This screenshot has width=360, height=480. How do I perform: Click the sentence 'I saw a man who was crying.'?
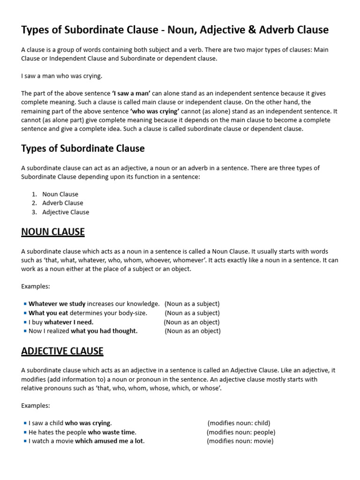(61, 76)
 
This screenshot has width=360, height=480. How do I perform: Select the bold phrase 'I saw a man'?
(131, 93)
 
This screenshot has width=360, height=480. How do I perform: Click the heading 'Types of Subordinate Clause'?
(83, 149)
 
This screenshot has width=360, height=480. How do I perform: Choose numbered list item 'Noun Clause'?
(60, 194)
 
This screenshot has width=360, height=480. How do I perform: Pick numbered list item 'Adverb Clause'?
(62, 203)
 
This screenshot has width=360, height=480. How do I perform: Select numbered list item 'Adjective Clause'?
(65, 212)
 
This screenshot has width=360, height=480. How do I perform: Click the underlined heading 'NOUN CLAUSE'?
(53, 232)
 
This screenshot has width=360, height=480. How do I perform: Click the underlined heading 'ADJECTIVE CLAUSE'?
(62, 351)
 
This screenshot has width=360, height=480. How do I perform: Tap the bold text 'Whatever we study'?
(57, 304)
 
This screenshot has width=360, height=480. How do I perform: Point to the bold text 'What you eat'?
(48, 313)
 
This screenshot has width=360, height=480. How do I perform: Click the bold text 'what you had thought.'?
(104, 331)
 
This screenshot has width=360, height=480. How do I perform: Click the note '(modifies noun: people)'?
(241, 432)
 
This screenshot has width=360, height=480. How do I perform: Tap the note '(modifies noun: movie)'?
(240, 441)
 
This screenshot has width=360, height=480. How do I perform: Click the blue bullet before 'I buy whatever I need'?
(24, 322)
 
